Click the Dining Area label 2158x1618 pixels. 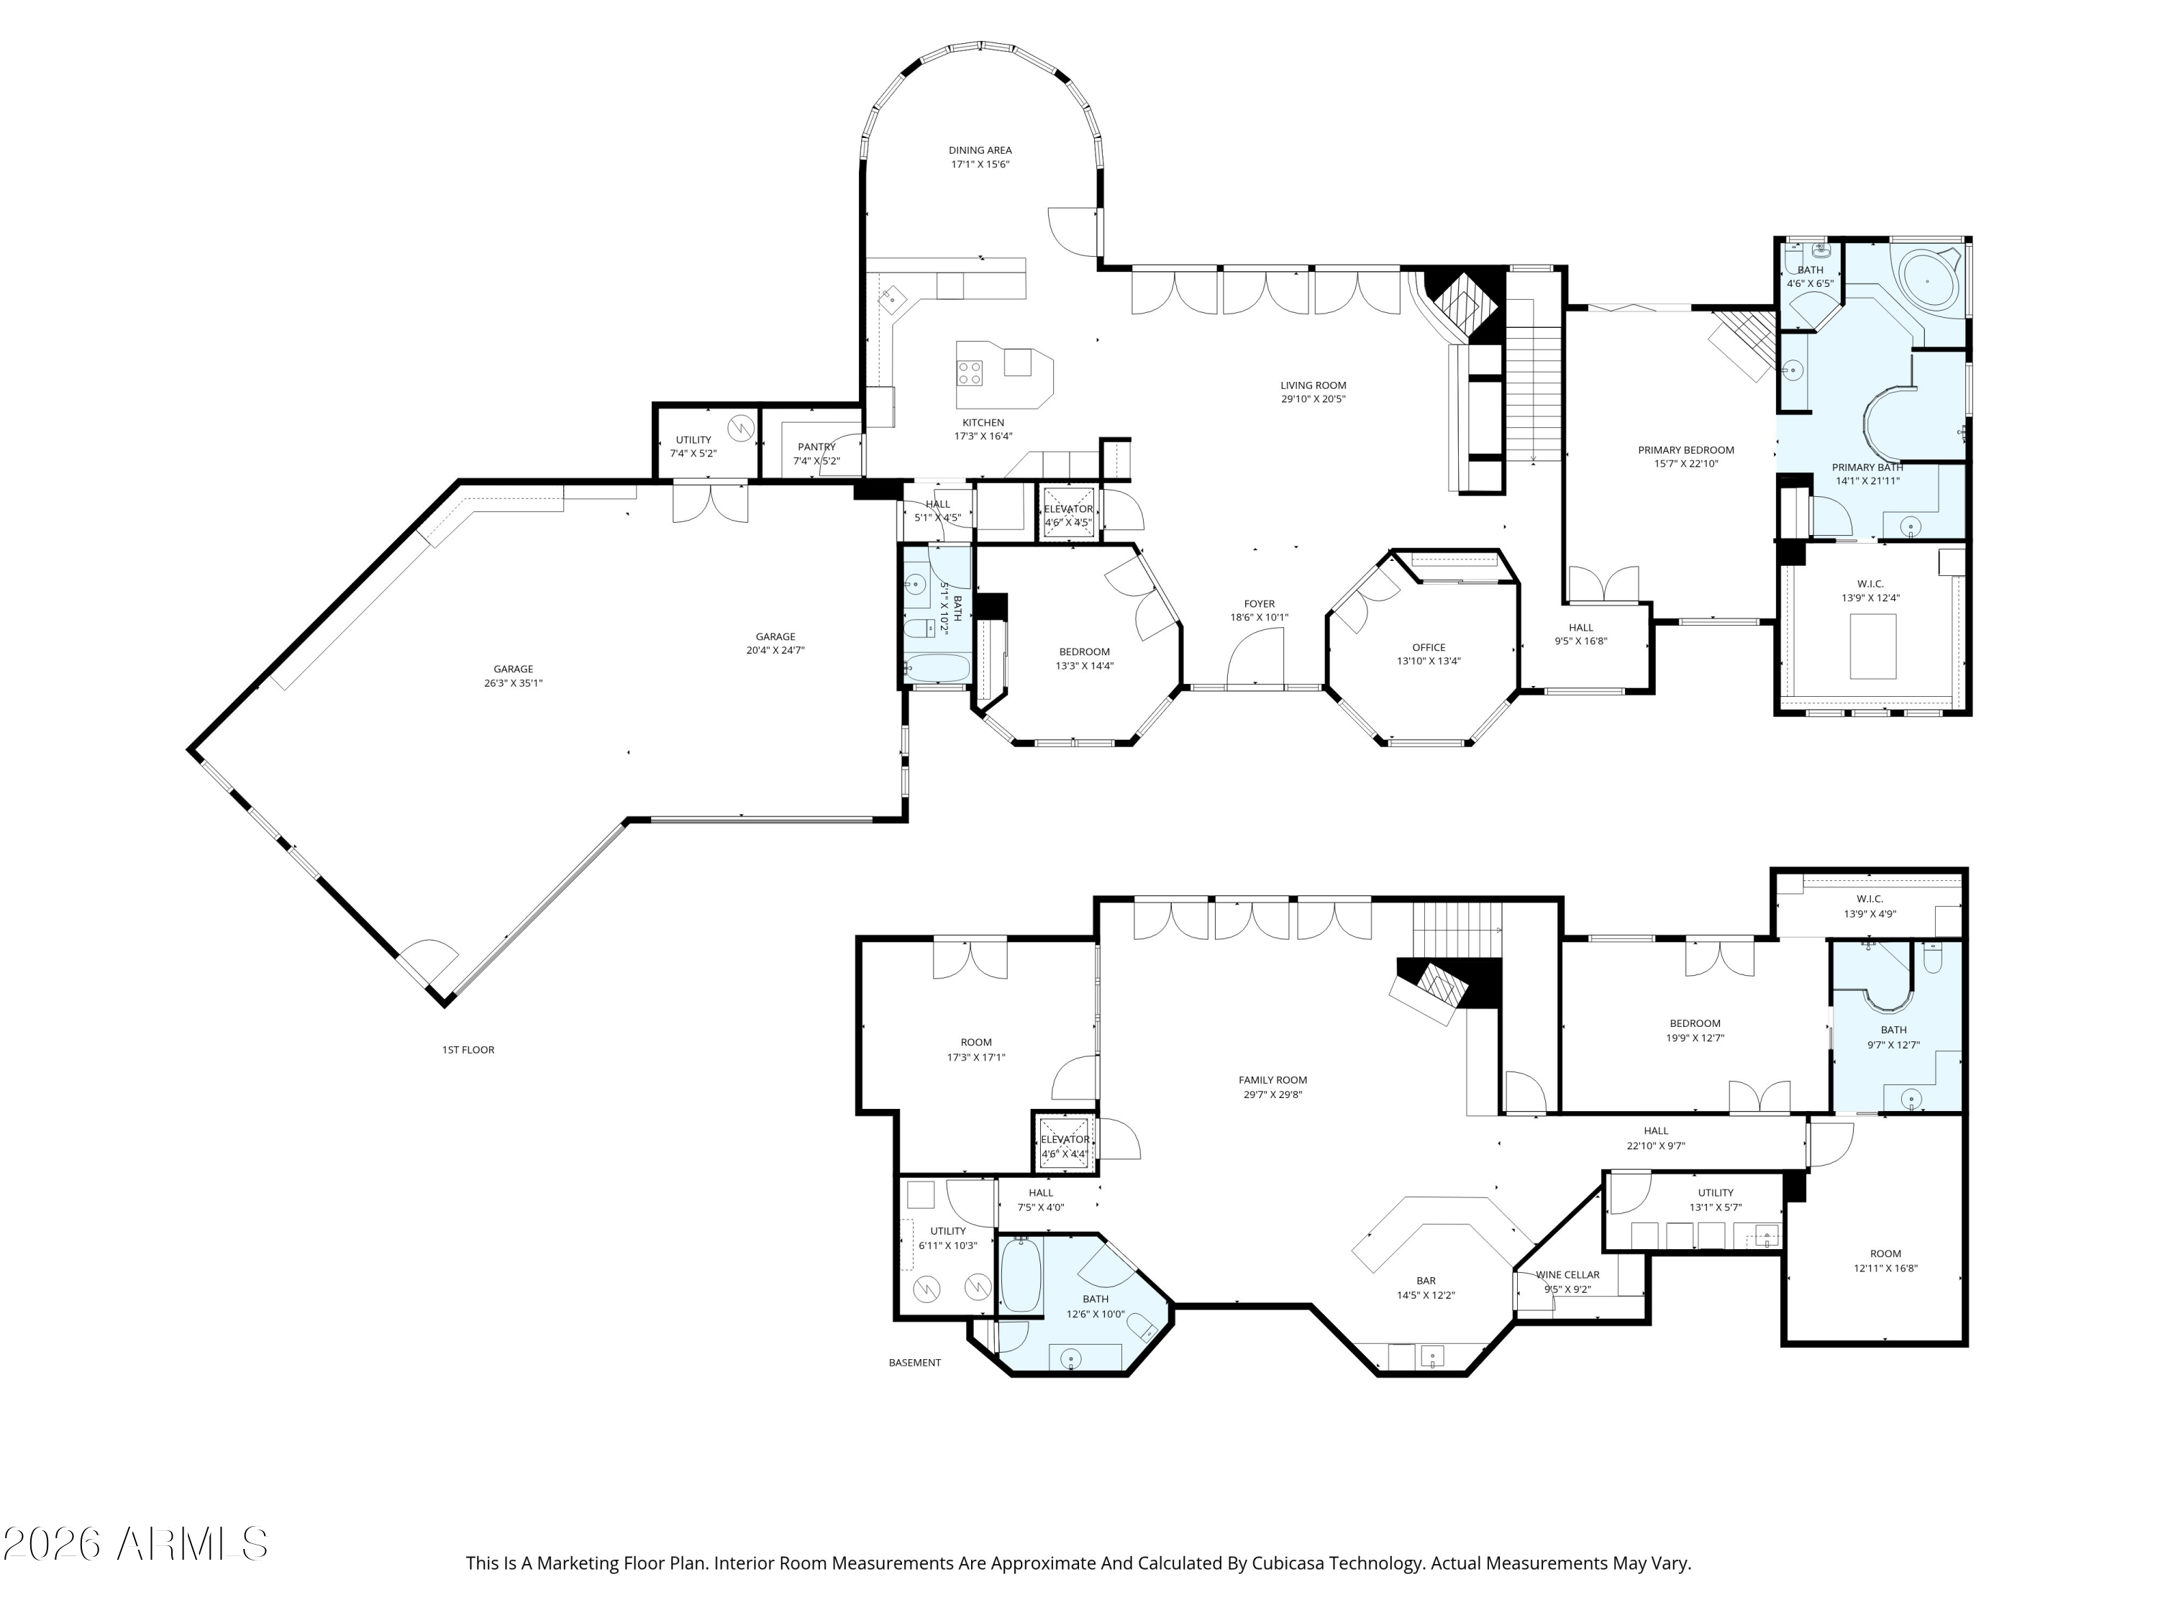(980, 150)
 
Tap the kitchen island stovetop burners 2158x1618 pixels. (970, 372)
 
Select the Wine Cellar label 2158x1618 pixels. (1567, 1275)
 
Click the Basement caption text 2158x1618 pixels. (914, 1363)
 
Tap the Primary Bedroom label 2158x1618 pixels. (1686, 451)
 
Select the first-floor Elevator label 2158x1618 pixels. (1068, 509)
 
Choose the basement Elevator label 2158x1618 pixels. (1065, 1139)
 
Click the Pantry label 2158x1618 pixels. (816, 447)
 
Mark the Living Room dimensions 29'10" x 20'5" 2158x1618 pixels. (1313, 399)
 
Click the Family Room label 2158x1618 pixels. (1273, 1079)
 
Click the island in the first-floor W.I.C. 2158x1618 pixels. (1873, 646)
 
